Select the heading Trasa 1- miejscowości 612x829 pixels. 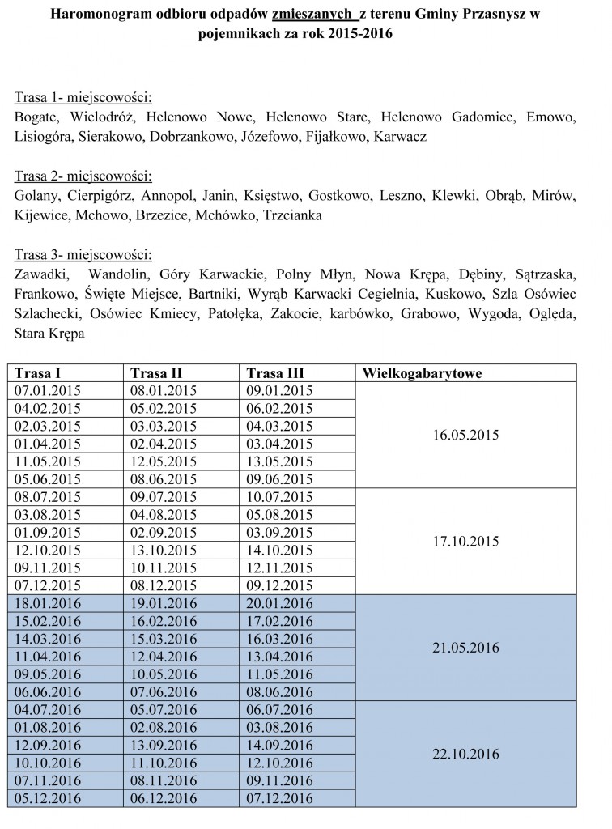pyautogui.click(x=83, y=99)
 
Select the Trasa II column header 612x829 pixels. pyautogui.click(x=156, y=373)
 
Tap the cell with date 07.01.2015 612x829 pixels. pyautogui.click(x=48, y=391)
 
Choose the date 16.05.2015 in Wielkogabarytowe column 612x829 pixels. pyautogui.click(x=465, y=434)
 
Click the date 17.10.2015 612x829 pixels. pyautogui.click(x=465, y=541)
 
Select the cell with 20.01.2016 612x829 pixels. pyautogui.click(x=279, y=603)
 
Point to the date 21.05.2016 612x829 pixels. pyautogui.click(x=465, y=647)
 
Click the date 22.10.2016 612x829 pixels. pyautogui.click(x=465, y=754)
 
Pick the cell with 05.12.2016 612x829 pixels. pyautogui.click(x=48, y=798)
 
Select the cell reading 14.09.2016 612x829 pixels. pyautogui.click(x=279, y=746)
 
